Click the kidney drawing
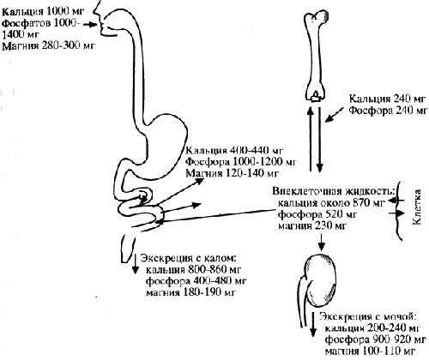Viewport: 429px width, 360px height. pyautogui.click(x=320, y=280)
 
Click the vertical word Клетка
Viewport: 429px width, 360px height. pyautogui.click(x=417, y=207)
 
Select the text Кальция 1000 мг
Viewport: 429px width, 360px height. pyautogui.click(x=43, y=12)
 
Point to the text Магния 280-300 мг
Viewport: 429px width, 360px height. pyautogui.click(x=48, y=45)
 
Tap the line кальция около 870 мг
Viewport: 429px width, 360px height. pyautogui.click(x=331, y=203)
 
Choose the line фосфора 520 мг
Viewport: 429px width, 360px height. pyautogui.click(x=317, y=214)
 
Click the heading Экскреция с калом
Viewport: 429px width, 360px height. pyautogui.click(x=189, y=258)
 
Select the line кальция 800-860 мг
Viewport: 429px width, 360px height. pyautogui.click(x=194, y=269)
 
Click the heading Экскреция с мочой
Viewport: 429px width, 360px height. pyautogui.click(x=368, y=317)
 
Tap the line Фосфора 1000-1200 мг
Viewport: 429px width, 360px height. pyautogui.click(x=241, y=162)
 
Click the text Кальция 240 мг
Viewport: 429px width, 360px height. pyautogui.click(x=388, y=99)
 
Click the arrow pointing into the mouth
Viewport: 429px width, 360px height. pyautogui.click(x=91, y=25)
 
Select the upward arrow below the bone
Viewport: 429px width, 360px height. pyautogui.click(x=311, y=138)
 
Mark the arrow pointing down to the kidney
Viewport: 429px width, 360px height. pyautogui.click(x=322, y=243)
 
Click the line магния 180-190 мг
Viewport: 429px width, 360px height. pyautogui.click(x=190, y=292)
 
